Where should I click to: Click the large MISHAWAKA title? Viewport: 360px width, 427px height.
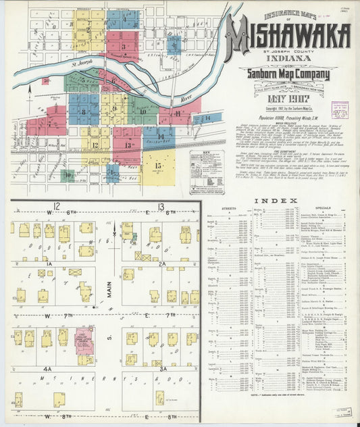[288, 38]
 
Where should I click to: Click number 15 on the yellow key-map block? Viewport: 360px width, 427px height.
[158, 164]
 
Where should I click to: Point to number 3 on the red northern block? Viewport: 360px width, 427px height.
[123, 47]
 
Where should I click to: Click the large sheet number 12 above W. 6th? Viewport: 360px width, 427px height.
[57, 205]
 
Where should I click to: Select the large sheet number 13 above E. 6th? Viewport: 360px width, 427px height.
[159, 205]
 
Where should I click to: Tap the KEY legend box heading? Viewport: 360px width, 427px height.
[205, 154]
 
